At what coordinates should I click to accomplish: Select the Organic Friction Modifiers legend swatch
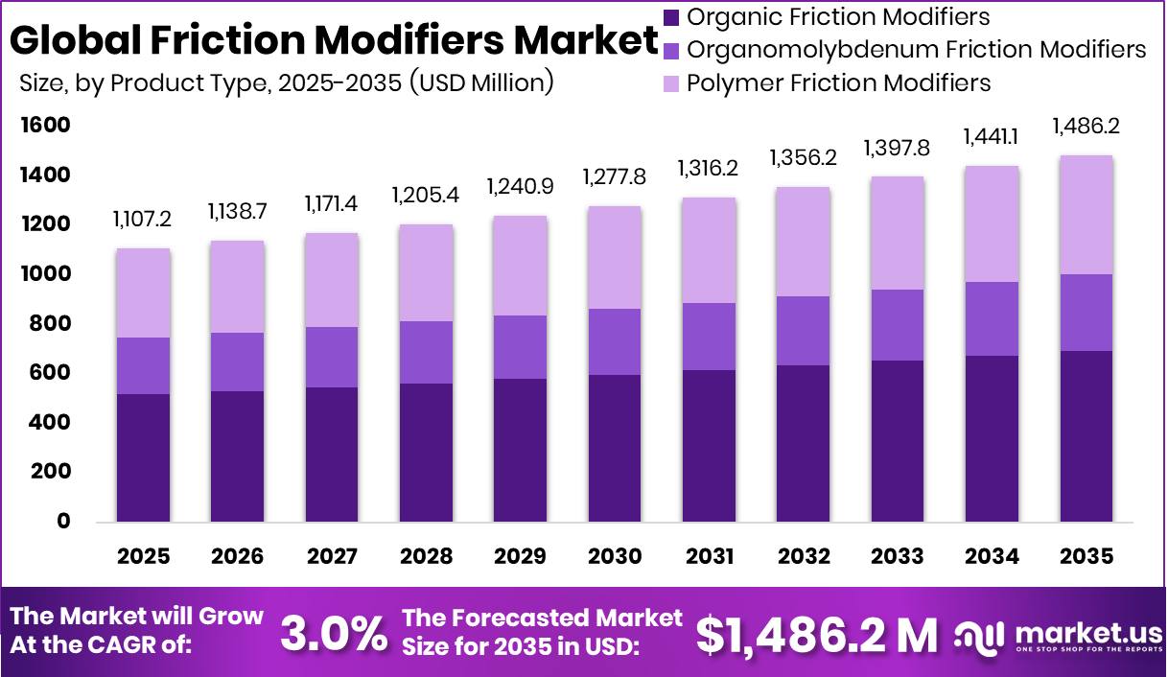point(671,17)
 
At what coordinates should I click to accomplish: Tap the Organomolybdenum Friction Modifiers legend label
point(917,49)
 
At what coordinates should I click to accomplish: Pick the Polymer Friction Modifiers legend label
point(839,82)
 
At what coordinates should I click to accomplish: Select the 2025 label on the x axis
point(143,556)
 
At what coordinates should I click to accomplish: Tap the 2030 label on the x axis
point(615,556)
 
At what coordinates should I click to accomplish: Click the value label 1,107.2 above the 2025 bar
point(143,220)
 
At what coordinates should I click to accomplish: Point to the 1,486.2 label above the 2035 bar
point(1086,126)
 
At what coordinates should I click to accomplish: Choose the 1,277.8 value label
point(615,177)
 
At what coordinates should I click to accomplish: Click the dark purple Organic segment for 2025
point(143,458)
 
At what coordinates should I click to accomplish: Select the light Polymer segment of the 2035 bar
point(1086,215)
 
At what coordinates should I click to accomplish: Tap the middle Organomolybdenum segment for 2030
point(615,341)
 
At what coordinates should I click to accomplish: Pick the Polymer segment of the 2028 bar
point(426,272)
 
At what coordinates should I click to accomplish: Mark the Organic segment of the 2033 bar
point(898,441)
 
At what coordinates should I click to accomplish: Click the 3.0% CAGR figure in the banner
point(334,633)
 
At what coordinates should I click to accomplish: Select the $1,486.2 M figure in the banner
point(816,633)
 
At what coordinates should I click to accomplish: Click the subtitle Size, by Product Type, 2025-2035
point(287,83)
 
